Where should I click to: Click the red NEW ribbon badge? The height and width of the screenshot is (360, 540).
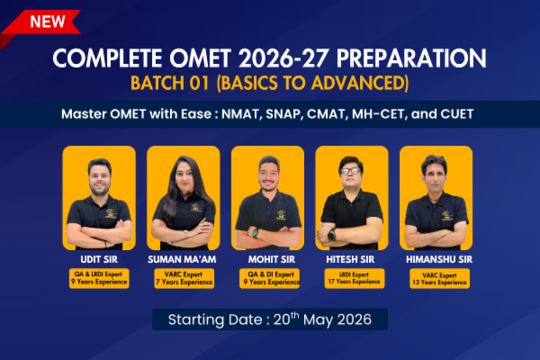pyautogui.click(x=40, y=20)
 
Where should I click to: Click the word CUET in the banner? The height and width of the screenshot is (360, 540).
pyautogui.click(x=459, y=115)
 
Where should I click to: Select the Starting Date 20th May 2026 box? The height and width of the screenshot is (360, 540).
pyautogui.click(x=270, y=319)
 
